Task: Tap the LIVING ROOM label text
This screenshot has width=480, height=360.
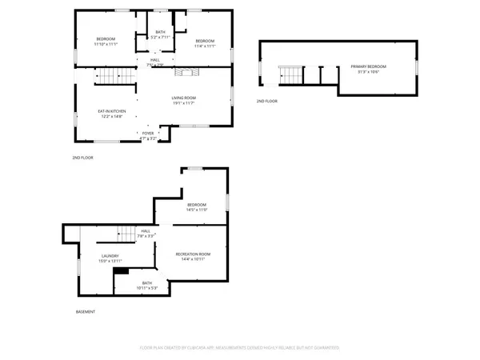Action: point(184,98)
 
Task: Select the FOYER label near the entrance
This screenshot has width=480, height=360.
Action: point(148,134)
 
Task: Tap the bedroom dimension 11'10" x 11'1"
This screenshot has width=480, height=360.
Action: point(106,45)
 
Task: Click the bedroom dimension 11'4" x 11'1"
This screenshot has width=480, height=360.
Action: point(205,46)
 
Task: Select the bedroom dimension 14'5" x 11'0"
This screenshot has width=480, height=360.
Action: point(197,210)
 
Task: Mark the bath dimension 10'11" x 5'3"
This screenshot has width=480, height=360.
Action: point(147,287)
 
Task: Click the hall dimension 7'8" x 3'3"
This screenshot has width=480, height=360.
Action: point(146,236)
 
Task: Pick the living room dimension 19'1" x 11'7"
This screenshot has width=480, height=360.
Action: point(184,103)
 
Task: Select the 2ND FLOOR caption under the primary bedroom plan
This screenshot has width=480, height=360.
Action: point(266,102)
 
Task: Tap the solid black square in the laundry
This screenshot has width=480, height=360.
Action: point(122,270)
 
